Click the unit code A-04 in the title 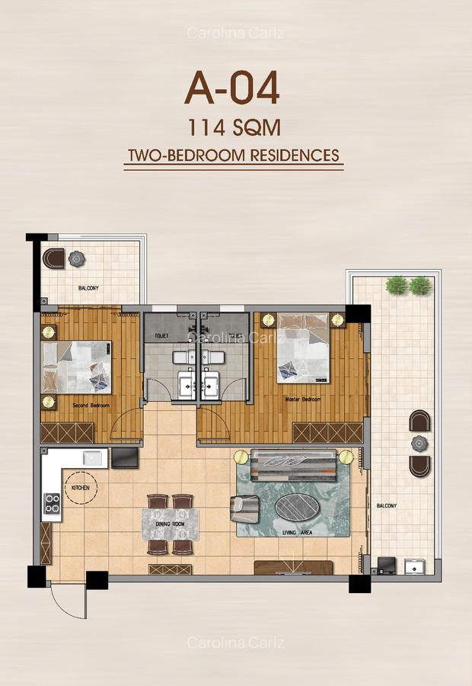[232, 88]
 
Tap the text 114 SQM [232, 127]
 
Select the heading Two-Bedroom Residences [233, 155]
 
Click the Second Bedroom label [89, 406]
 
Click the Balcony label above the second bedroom [88, 288]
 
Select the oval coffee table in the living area [298, 507]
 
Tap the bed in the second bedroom [77, 367]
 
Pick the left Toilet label [162, 335]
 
